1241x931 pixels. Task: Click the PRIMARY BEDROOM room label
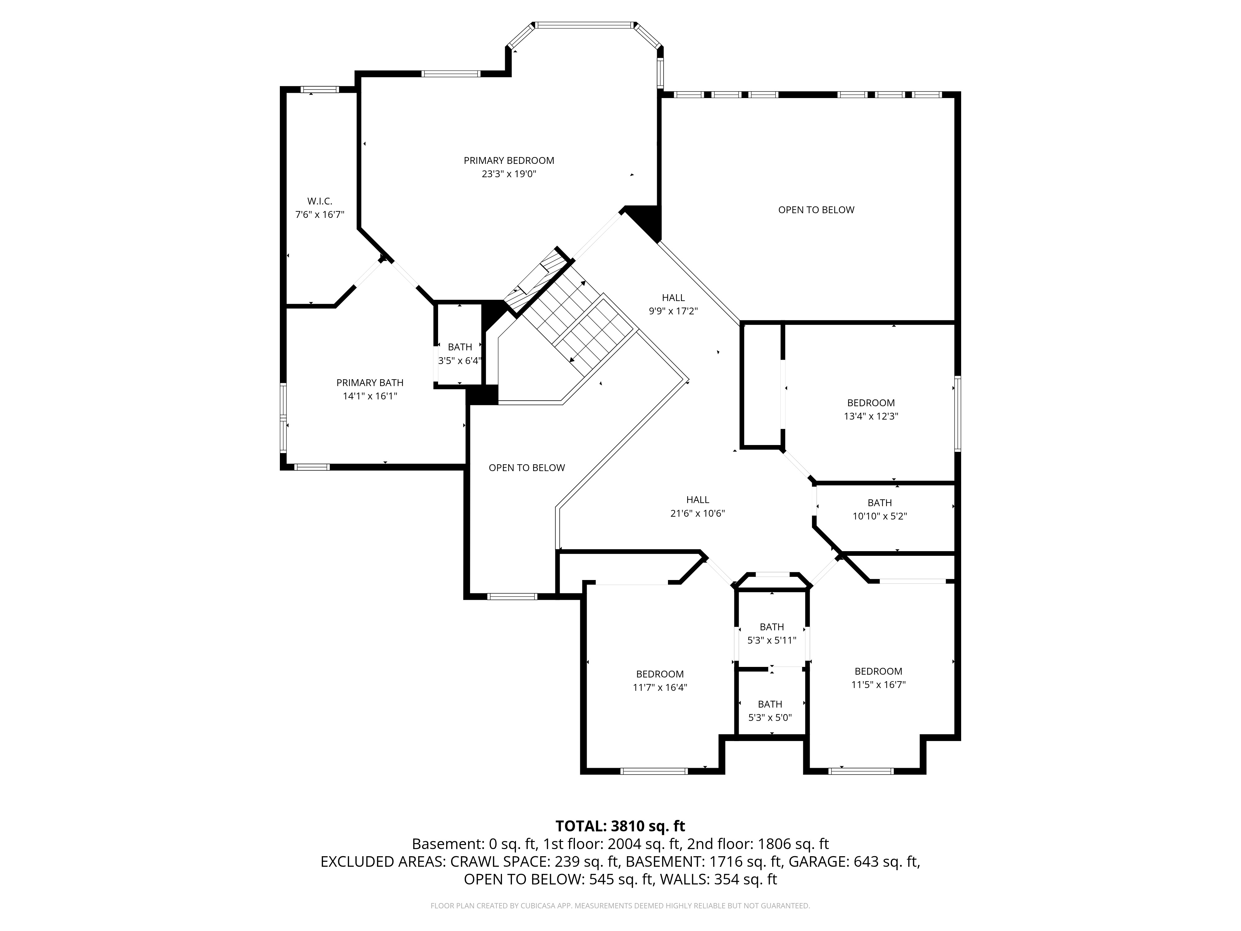point(509,160)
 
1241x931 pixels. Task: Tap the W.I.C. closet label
point(320,201)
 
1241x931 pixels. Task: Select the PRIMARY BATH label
point(370,383)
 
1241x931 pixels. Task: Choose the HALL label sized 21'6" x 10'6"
point(698,499)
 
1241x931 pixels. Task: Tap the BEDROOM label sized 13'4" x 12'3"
point(871,403)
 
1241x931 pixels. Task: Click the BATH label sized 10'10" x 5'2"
point(880,503)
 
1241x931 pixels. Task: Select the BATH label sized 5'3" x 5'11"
point(772,627)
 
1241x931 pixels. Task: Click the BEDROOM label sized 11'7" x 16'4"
point(660,674)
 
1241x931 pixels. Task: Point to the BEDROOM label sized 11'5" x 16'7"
point(879,671)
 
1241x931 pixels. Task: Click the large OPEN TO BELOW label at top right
point(816,210)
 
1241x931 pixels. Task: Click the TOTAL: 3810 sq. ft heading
point(620,826)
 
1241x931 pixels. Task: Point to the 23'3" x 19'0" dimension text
point(509,174)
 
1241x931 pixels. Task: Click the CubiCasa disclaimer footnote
point(620,906)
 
